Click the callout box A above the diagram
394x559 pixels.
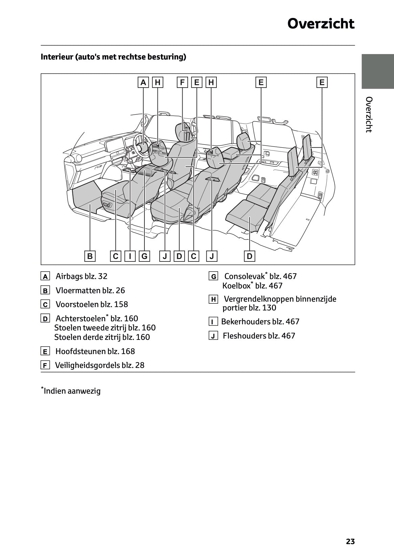pyautogui.click(x=143, y=82)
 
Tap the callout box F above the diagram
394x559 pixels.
pyautogui.click(x=182, y=82)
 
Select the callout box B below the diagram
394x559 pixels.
pyautogui.click(x=90, y=256)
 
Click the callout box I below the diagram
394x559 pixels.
pyautogui.click(x=130, y=256)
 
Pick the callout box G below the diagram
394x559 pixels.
pyautogui.click(x=144, y=256)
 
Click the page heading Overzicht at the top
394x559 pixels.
pyautogui.click(x=321, y=24)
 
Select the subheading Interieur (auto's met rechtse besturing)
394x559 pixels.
pyautogui.click(x=113, y=56)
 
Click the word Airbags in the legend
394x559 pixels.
pyautogui.click(x=69, y=276)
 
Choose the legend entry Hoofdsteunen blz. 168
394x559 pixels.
pyautogui.click(x=95, y=351)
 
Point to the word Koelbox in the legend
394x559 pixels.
pyautogui.click(x=236, y=286)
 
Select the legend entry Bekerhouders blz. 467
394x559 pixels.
pyautogui.click(x=260, y=322)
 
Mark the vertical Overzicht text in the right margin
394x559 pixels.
pyautogui.click(x=369, y=115)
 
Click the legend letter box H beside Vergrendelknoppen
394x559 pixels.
pyautogui.click(x=213, y=299)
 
